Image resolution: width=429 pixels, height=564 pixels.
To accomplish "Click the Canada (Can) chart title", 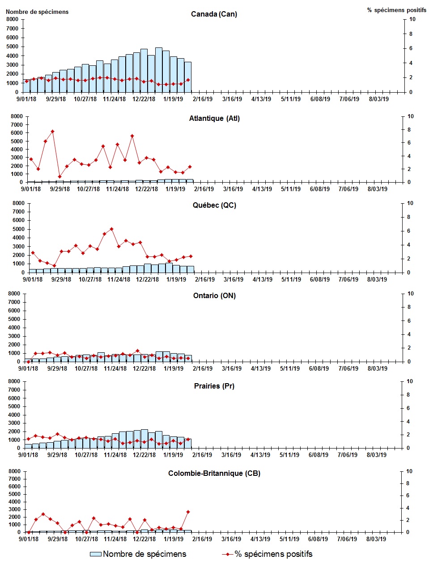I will click(x=214, y=14).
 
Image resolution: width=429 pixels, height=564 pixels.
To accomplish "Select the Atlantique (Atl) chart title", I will click(x=214, y=119).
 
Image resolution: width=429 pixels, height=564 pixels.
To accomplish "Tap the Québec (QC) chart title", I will click(x=214, y=205).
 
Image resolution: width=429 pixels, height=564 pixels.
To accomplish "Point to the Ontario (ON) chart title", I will click(x=214, y=296).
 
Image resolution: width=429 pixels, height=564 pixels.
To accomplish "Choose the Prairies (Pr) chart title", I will click(x=214, y=386).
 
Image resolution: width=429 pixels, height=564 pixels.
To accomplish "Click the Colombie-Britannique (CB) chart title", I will click(x=214, y=474).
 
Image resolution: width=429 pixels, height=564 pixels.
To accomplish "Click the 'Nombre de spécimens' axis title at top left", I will click(x=37, y=12).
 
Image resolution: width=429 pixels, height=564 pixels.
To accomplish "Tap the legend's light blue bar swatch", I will click(x=96, y=554).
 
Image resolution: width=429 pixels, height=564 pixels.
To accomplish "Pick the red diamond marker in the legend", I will click(x=228, y=554).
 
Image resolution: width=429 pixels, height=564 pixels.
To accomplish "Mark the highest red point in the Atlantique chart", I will click(x=52, y=132).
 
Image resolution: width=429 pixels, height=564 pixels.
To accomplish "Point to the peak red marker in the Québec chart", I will click(x=111, y=229).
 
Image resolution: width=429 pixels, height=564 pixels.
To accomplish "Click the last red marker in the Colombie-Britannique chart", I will click(x=188, y=512).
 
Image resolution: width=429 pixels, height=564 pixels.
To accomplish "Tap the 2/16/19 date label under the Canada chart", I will click(x=203, y=99).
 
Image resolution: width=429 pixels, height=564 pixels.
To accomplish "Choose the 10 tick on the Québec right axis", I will click(x=410, y=203).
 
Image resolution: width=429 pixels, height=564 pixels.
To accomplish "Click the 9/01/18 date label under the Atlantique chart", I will click(x=30, y=189).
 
